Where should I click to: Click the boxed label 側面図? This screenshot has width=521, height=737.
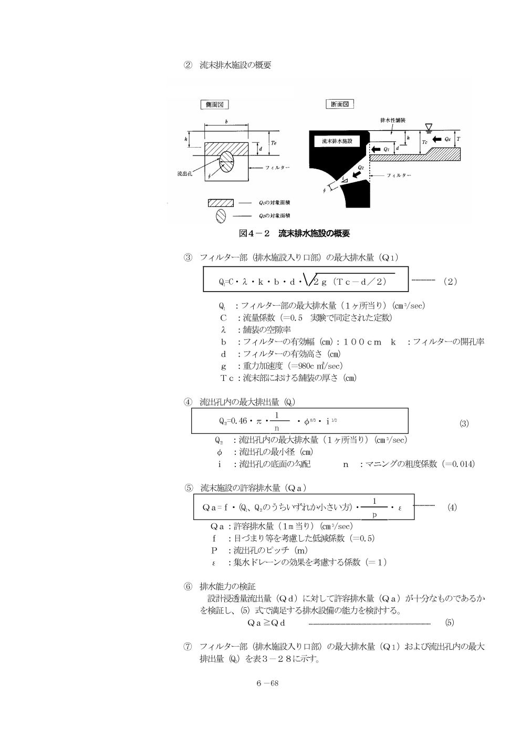tap(214, 105)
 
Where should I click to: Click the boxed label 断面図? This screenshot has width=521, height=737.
tap(340, 105)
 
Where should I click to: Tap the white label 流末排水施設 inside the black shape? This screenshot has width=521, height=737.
tap(337, 141)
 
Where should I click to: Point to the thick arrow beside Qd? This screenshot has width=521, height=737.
tap(436, 139)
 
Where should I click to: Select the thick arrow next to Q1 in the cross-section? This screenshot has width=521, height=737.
tap(376, 149)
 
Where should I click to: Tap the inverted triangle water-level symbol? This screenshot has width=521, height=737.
tap(429, 127)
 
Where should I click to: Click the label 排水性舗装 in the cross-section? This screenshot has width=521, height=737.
tap(393, 120)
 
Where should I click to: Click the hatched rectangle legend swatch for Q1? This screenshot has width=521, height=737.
tap(221, 203)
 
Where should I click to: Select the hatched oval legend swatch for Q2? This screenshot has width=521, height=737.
tap(221, 216)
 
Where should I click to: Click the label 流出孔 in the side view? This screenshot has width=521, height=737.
tap(184, 173)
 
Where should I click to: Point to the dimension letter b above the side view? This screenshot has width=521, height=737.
tap(226, 122)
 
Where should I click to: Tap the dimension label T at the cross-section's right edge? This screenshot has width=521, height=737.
tap(458, 139)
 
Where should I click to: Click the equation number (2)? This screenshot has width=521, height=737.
tap(450, 282)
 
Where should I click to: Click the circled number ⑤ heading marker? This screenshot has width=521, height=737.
tap(188, 488)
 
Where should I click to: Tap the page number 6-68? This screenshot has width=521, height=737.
tap(267, 683)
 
